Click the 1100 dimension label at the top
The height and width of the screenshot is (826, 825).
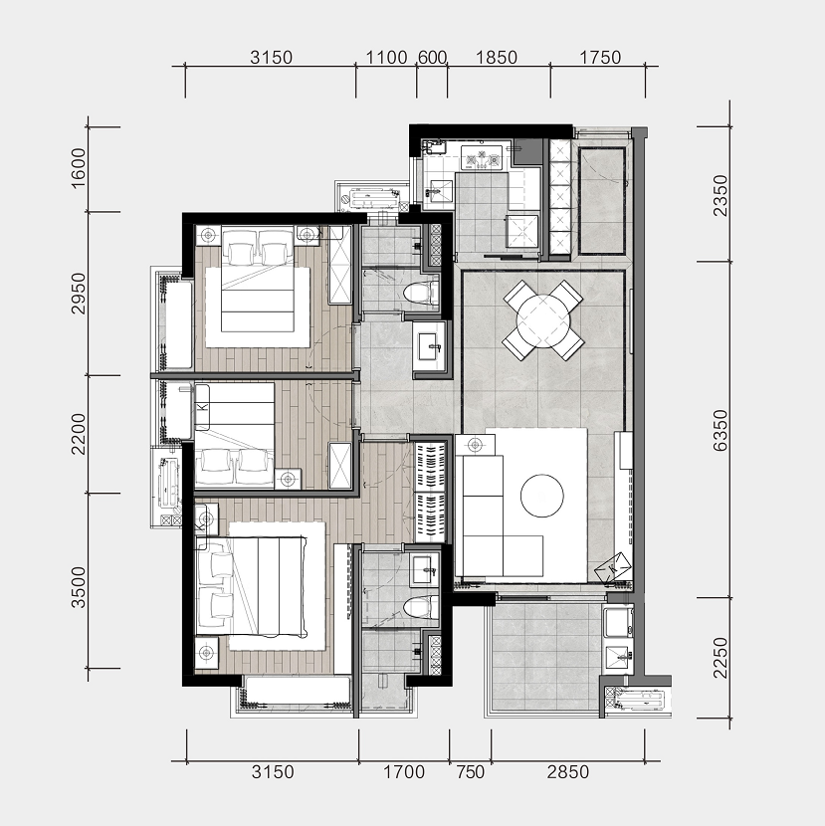pyautogui.click(x=386, y=57)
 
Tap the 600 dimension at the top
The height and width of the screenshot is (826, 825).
pyautogui.click(x=432, y=57)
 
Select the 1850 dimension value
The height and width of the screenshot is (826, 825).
pyautogui.click(x=497, y=57)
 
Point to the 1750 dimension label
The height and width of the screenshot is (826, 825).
pyautogui.click(x=600, y=57)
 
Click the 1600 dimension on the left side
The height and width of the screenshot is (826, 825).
pyautogui.click(x=78, y=168)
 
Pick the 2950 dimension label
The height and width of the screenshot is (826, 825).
pyautogui.click(x=78, y=294)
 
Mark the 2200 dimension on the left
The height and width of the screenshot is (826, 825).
pyautogui.click(x=78, y=434)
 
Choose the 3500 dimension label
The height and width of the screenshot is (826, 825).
pyautogui.click(x=78, y=587)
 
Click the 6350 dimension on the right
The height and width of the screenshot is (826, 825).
pyautogui.click(x=720, y=430)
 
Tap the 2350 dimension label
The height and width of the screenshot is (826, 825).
pyautogui.click(x=720, y=195)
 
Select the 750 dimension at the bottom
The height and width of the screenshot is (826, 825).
pyautogui.click(x=470, y=772)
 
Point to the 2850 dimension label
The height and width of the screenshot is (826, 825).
pyautogui.click(x=568, y=772)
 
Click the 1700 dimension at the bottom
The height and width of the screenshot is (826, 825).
pyautogui.click(x=404, y=772)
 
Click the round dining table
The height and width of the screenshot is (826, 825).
pyautogui.click(x=543, y=319)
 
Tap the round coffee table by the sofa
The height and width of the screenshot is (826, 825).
pyautogui.click(x=542, y=496)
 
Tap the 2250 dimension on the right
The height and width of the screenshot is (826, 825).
pyautogui.click(x=720, y=658)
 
